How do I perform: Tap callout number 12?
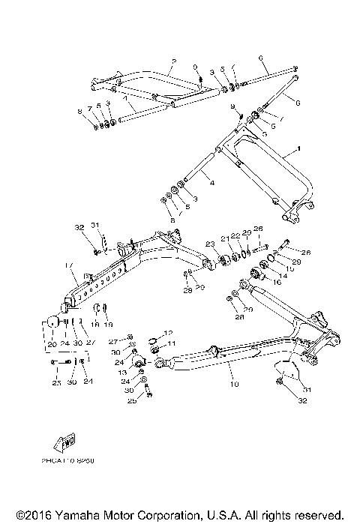pos(169,333)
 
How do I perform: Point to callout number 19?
pos(107,325)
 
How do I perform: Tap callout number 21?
pos(223,238)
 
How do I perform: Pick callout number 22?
pos(234,235)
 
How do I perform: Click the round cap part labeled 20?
pos(52,322)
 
